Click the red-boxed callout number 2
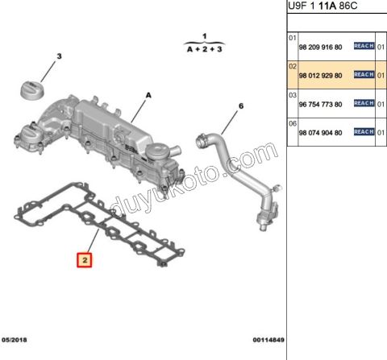coord(84,260)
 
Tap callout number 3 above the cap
coord(58,56)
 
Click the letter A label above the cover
coord(148,95)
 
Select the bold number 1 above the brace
coord(204,36)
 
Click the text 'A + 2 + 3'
coord(204,48)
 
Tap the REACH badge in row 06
coord(364,131)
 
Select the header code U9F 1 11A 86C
coord(325,6)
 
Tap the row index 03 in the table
coord(292,94)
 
